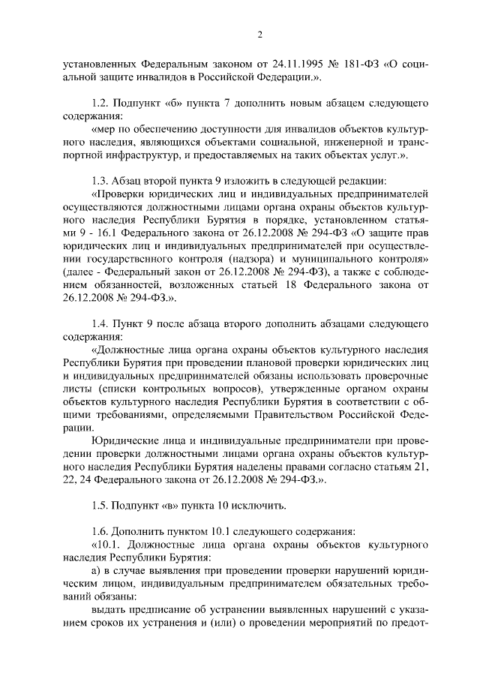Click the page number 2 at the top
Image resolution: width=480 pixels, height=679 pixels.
point(259,34)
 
